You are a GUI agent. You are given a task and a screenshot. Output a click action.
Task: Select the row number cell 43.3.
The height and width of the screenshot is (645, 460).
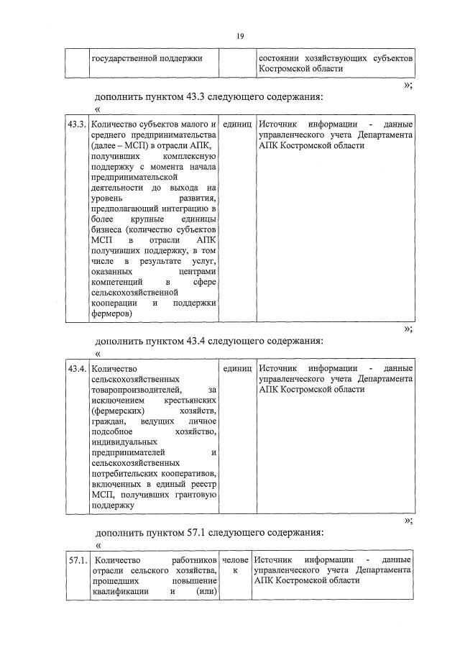tap(76, 124)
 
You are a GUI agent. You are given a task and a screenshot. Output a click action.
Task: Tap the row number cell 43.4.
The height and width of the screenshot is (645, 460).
tap(76, 369)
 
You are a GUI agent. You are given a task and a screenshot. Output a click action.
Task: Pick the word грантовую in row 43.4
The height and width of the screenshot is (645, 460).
tap(192, 495)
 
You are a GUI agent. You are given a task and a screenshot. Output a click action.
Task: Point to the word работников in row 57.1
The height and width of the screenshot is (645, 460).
tap(194, 559)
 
